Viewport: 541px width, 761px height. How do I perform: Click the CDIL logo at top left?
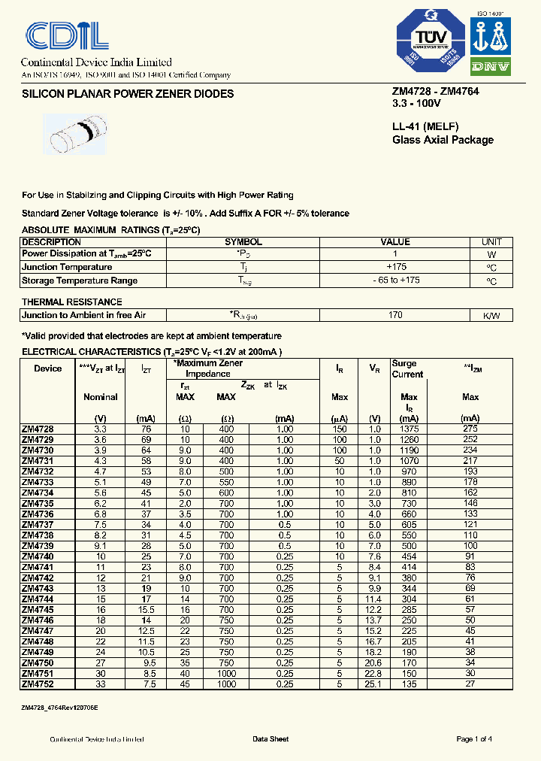pos(67,35)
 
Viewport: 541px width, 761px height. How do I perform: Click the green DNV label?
pos(491,67)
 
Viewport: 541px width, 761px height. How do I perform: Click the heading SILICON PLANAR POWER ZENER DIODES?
pos(128,94)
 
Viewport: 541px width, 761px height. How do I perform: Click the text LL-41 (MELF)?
pos(425,126)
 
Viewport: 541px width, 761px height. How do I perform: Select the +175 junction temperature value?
pos(395,267)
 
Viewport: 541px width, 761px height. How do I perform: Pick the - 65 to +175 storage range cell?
pos(395,280)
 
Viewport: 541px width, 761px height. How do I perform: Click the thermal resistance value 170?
pos(395,315)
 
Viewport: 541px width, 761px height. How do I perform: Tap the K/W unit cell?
pos(491,315)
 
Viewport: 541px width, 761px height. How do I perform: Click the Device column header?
pos(48,368)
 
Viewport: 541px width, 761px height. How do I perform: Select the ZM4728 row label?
pos(38,429)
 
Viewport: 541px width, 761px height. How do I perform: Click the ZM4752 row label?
pos(38,685)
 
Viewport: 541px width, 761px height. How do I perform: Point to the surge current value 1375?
pos(409,429)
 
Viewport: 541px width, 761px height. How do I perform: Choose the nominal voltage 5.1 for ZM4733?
pos(101,482)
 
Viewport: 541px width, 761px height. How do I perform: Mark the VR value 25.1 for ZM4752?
pos(373,685)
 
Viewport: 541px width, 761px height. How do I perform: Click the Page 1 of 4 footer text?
pos(474,739)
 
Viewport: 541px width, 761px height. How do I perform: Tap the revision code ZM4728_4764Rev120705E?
pos(59,708)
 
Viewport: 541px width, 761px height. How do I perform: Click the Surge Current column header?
pos(408,368)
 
